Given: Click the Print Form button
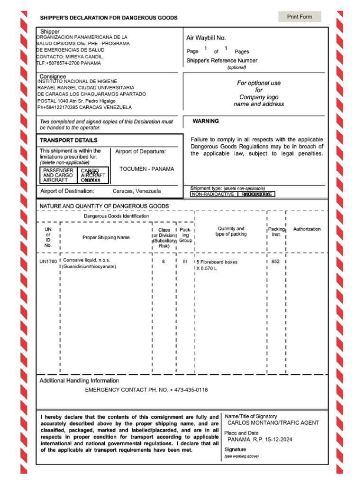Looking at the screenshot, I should (300, 17).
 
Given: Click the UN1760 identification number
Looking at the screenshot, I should (48, 262).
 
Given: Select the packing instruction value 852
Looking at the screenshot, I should (275, 262).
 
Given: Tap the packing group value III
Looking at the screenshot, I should (185, 262).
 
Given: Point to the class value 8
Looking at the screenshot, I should (164, 262).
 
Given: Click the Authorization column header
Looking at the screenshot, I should (307, 229).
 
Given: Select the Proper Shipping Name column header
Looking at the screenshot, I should (106, 237).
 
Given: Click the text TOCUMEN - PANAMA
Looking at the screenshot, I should (146, 169).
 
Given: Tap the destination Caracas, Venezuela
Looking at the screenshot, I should (136, 191).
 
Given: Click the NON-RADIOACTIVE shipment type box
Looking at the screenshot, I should (212, 194).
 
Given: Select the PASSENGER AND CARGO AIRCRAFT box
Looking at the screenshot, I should (58, 175).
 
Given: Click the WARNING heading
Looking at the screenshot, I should (206, 121).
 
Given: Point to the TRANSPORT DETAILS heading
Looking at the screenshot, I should (68, 140).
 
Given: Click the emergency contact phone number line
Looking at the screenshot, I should (146, 390).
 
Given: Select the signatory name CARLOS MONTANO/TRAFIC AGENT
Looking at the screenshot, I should (273, 423).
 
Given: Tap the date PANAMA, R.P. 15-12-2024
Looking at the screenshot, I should (260, 439).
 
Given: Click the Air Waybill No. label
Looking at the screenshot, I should (206, 37).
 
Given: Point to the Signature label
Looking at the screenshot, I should (236, 449).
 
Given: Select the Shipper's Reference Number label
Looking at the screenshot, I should (222, 61).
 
